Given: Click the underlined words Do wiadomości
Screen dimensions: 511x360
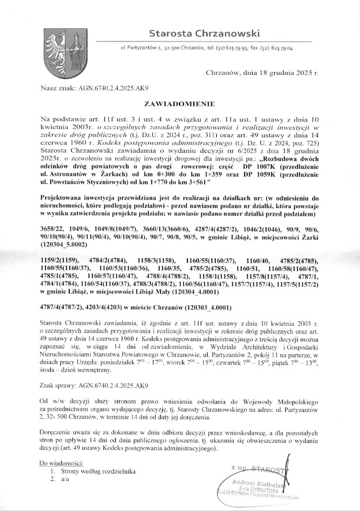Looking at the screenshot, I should [x=61, y=463].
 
